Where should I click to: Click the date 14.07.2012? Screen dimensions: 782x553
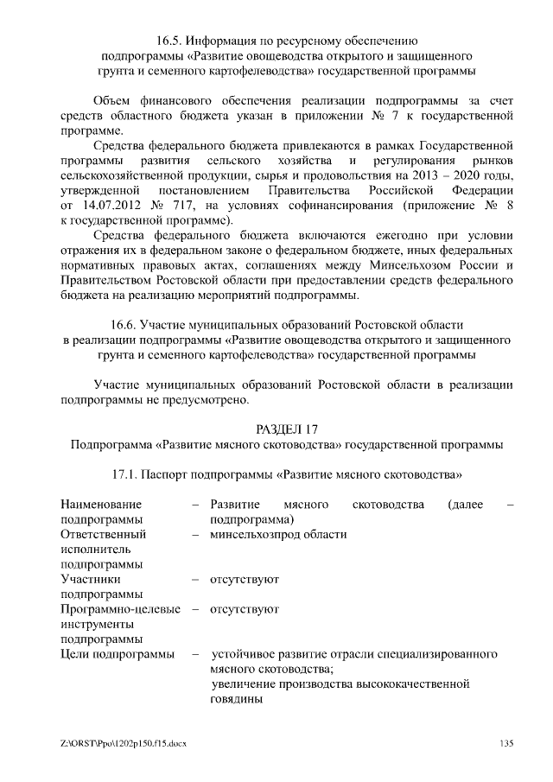[x=115, y=206]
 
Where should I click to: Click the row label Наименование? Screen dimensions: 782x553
[x=101, y=504]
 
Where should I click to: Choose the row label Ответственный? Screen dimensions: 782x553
[x=103, y=534]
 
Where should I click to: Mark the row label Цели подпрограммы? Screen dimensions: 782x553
[x=117, y=654]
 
